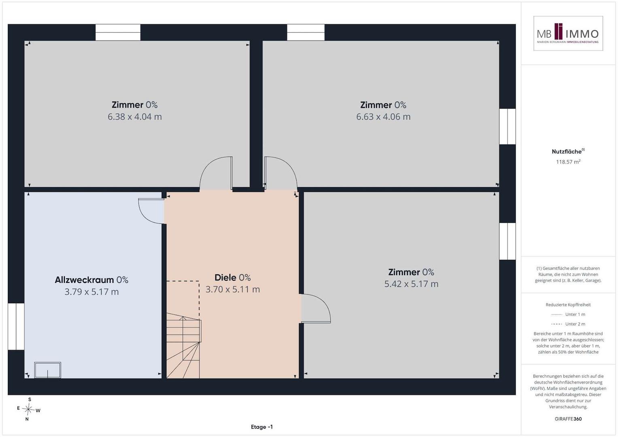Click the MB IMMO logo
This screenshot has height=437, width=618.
pos(568,33)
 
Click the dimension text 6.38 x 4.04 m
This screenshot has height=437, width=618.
pos(135,117)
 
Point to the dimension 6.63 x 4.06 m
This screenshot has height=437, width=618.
pos(383,117)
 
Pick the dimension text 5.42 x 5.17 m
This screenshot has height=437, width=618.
pos(411,284)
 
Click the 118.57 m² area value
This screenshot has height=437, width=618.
pos(568,162)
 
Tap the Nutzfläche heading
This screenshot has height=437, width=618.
pos(568,151)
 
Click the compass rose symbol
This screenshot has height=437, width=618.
pos(28,409)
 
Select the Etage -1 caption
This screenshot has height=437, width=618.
pos(261,427)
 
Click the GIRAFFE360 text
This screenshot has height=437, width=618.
pos(568,419)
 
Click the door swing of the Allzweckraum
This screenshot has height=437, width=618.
pos(151,211)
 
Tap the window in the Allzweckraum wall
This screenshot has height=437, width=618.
pos(16,327)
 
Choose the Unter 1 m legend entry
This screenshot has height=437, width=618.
pos(568,314)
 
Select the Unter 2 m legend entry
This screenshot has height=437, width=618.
pos(568,324)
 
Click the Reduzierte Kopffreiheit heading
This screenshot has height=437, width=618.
pos(568,305)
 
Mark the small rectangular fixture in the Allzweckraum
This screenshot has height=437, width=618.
pos(47,370)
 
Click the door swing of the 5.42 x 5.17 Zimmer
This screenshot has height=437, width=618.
pos(316,308)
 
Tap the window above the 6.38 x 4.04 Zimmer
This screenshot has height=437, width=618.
pos(118,32)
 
